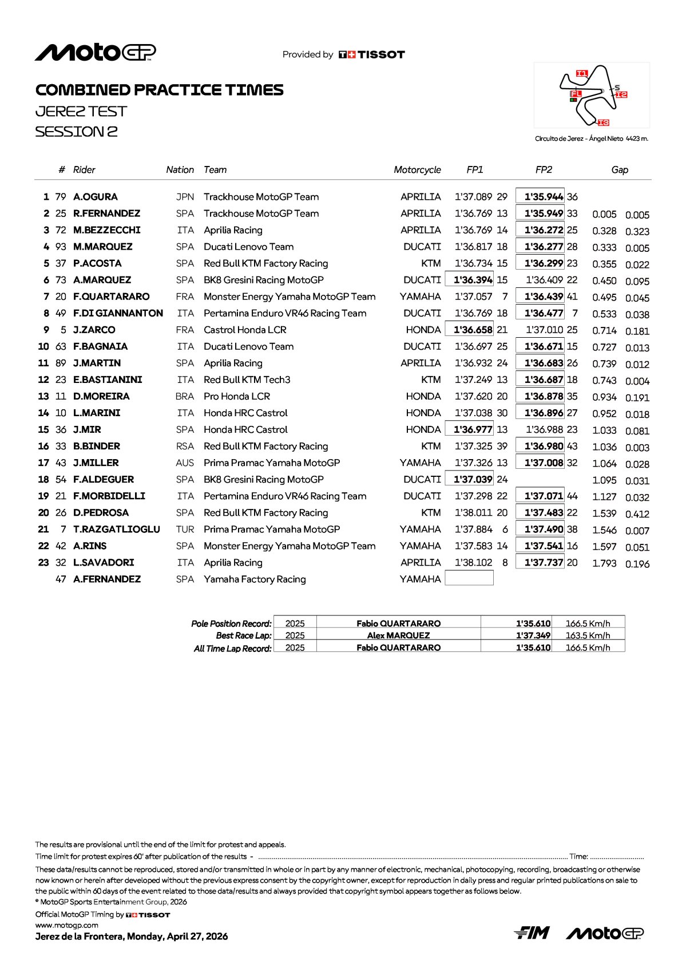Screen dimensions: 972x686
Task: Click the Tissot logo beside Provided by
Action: tap(372, 54)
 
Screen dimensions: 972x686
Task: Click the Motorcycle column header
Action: tap(417, 169)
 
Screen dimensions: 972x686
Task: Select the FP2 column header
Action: tap(544, 169)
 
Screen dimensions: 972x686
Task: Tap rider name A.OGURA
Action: tap(96, 197)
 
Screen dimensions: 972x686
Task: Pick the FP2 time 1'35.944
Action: tap(540, 196)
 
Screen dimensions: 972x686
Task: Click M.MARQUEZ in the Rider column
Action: tap(103, 247)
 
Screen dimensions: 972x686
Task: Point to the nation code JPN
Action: tap(185, 197)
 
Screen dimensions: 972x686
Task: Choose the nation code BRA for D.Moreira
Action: tap(185, 396)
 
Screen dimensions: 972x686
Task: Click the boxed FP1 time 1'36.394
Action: tap(469, 280)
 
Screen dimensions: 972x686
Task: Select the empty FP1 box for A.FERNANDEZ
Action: tap(469, 579)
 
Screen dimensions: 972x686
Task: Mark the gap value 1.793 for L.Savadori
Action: tap(604, 563)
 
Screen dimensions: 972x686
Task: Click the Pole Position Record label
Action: tap(231, 623)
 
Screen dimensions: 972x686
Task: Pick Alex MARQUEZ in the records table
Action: tap(398, 635)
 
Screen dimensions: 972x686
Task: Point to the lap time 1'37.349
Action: tap(533, 635)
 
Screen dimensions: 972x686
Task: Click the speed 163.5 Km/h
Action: tap(588, 635)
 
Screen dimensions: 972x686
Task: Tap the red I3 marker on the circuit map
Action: tap(603, 123)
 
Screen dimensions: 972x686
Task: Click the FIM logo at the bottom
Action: tap(532, 933)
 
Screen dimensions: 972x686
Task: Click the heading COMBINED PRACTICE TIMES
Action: tap(160, 90)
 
